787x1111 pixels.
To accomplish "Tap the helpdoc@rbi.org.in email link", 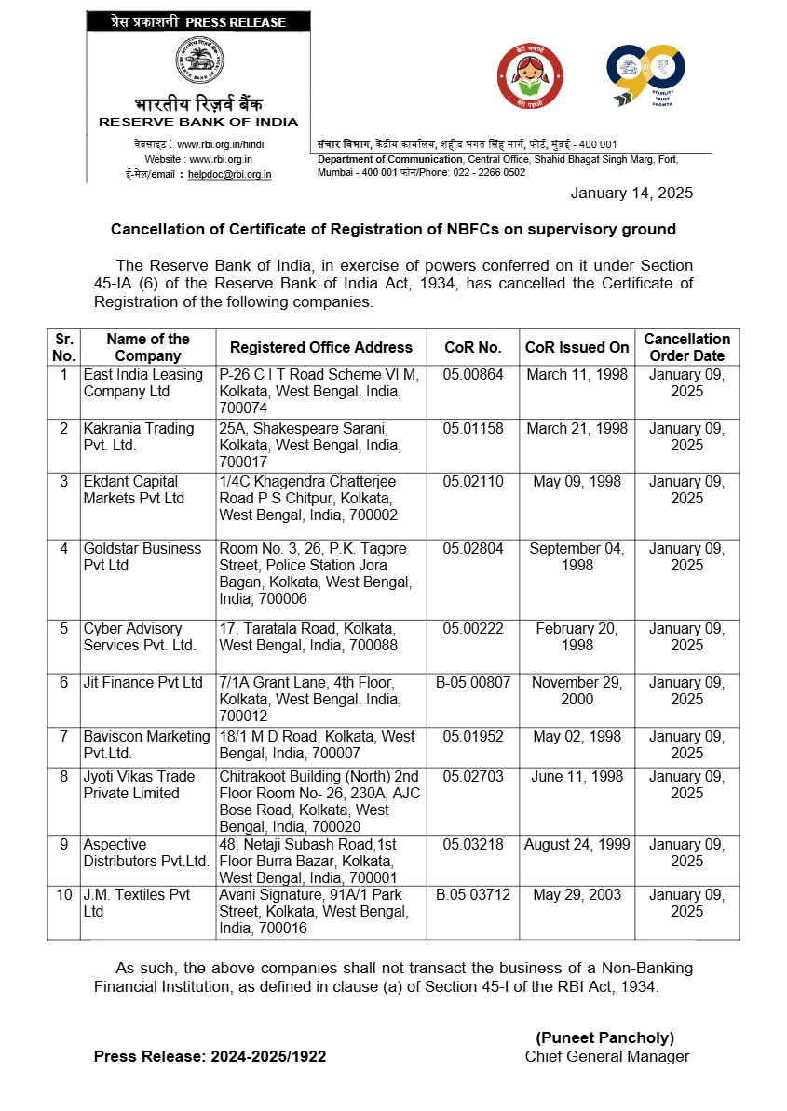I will (x=229, y=174).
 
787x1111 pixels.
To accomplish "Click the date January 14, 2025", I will (x=631, y=193).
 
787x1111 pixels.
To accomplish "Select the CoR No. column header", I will (x=473, y=347).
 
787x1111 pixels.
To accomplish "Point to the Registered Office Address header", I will (x=321, y=347).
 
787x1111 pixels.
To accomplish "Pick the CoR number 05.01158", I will (x=473, y=429).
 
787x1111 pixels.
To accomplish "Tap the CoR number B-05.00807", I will (x=473, y=682).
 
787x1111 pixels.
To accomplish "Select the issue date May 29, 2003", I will (x=577, y=894).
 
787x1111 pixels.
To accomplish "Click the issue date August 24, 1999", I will (x=577, y=844).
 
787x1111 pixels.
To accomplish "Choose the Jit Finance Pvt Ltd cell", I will (x=142, y=682).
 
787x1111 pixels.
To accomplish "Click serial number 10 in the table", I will (x=63, y=894).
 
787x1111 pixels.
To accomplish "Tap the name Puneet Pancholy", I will (x=604, y=1037).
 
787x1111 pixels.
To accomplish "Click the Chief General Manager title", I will (x=606, y=1056).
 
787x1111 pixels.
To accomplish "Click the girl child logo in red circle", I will (x=531, y=77).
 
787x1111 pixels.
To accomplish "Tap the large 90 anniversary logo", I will (x=645, y=74).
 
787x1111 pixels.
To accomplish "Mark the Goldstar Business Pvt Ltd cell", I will (x=142, y=556).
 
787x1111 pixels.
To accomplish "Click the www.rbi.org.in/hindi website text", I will (x=221, y=144).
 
